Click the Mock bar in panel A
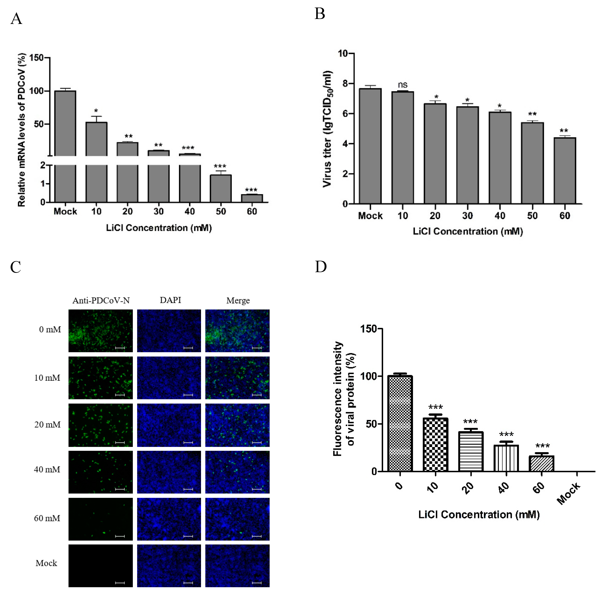(x=65, y=146)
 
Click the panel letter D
(x=321, y=267)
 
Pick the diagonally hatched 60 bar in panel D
(x=541, y=464)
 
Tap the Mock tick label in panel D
(x=568, y=493)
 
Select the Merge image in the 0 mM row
(x=237, y=331)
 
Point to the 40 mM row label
(x=47, y=469)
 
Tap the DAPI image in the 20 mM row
(x=169, y=425)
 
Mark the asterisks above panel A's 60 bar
(x=251, y=190)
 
